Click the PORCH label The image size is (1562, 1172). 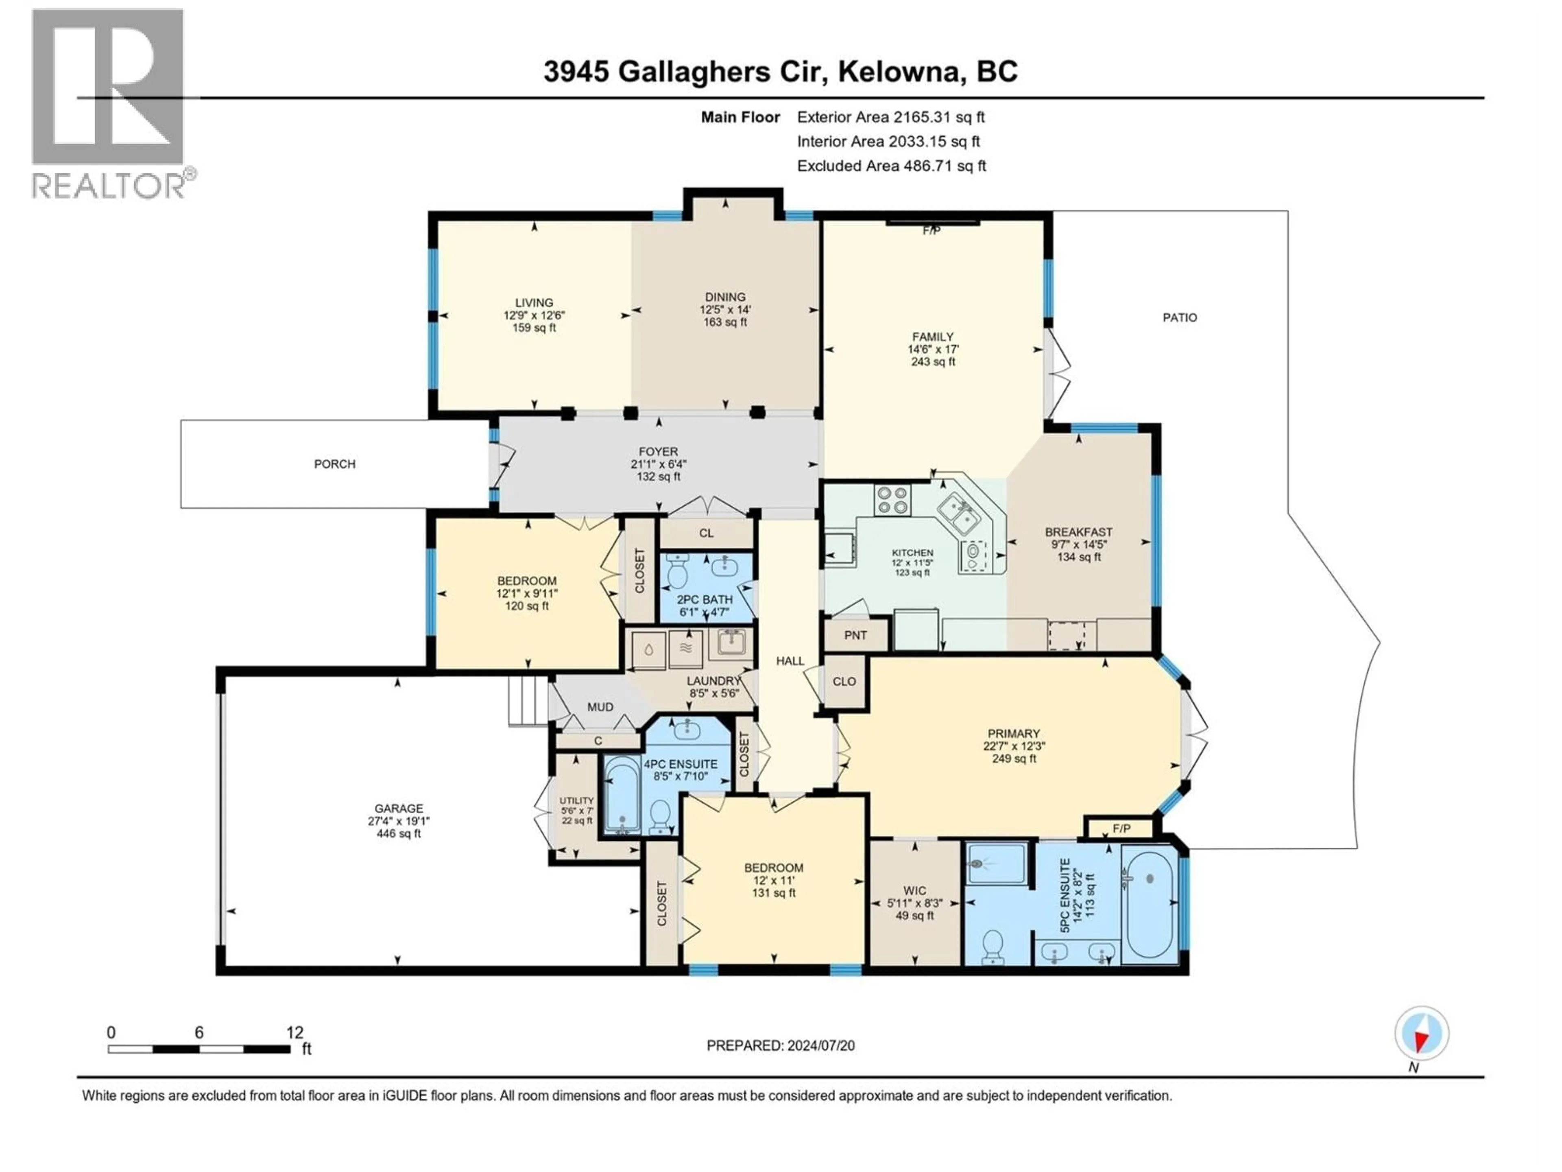[335, 464]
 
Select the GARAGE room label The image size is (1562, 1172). [399, 808]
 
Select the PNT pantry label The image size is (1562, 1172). [855, 635]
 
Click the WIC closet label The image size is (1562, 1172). [914, 891]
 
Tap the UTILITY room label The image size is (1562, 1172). [576, 800]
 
